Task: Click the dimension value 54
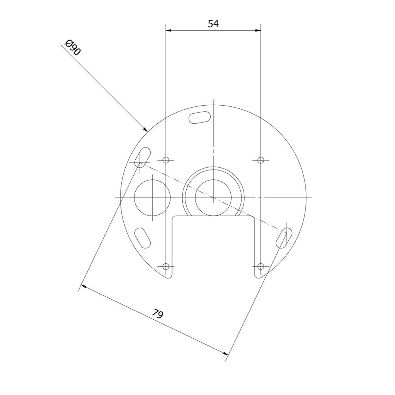[213, 24]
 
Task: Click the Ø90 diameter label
[72, 48]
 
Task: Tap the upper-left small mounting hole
[166, 160]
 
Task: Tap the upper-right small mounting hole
[260, 160]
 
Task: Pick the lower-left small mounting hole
[166, 267]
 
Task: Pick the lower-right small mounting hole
[260, 267]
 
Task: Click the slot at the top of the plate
[199, 118]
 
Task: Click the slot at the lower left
[143, 238]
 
